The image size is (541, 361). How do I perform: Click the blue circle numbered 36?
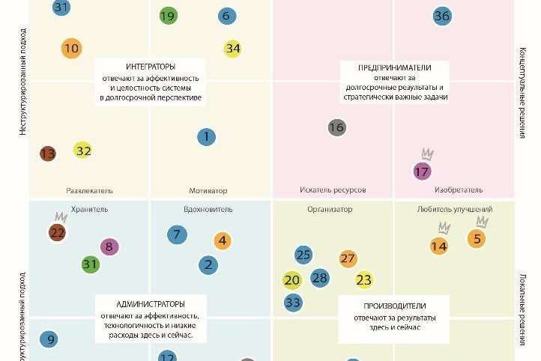pyautogui.click(x=442, y=16)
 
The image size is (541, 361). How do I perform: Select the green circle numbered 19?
pyautogui.click(x=169, y=16)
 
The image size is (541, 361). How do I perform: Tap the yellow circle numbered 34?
pyautogui.click(x=233, y=49)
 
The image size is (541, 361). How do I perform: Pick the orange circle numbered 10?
pyautogui.click(x=71, y=49)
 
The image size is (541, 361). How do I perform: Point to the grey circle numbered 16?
pyautogui.click(x=336, y=127)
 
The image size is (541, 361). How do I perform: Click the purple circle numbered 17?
pyautogui.click(x=423, y=171)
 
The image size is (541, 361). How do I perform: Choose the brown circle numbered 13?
pyautogui.click(x=47, y=154)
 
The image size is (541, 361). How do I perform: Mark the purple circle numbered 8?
pyautogui.click(x=109, y=246)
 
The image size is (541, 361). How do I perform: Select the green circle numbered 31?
pyautogui.click(x=90, y=264)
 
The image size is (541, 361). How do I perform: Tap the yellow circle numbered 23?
pyautogui.click(x=364, y=280)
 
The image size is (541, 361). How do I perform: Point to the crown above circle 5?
pyautogui.click(x=482, y=222)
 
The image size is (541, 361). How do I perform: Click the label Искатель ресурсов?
pyautogui.click(x=332, y=190)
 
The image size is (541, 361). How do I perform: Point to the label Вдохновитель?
pyautogui.click(x=208, y=210)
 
